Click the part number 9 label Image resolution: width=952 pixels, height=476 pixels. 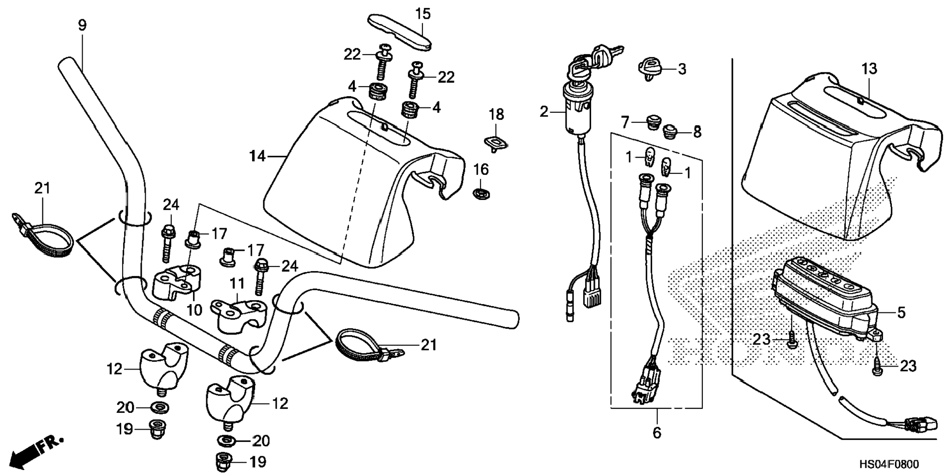point(82,26)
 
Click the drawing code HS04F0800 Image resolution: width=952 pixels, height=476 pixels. point(889,464)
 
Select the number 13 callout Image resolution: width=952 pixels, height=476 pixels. point(869,69)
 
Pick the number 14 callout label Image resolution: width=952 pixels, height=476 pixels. point(257,157)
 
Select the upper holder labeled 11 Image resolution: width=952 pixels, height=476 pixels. point(238,311)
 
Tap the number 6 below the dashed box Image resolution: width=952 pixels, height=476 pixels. point(657,433)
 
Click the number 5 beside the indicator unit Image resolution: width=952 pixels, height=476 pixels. point(901,312)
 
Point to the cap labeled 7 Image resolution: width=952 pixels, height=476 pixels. point(654,121)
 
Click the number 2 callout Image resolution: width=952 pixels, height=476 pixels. point(543,112)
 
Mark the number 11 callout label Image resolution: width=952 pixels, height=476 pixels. point(237,284)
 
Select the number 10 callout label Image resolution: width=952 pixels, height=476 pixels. point(195,310)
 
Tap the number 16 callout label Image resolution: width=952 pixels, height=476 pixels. point(481,170)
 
